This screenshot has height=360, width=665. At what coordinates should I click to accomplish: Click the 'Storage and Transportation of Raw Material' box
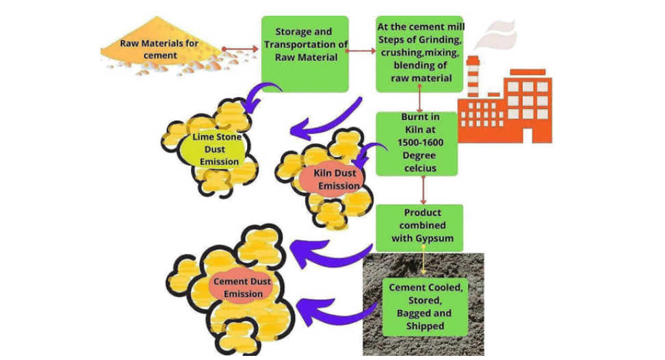tap(305, 53)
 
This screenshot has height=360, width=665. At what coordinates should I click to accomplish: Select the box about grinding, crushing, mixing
tap(419, 53)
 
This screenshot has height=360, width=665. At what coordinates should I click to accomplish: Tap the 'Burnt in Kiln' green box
tap(419, 143)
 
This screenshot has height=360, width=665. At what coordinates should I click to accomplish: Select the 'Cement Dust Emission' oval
tap(242, 287)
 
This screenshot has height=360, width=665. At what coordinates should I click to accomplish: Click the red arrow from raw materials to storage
tap(242, 49)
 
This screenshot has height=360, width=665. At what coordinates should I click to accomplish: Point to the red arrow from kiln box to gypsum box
tap(424, 189)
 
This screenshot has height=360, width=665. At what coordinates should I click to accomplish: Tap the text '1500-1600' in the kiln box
tap(419, 142)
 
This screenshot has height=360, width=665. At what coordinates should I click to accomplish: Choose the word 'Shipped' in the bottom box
tap(425, 326)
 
